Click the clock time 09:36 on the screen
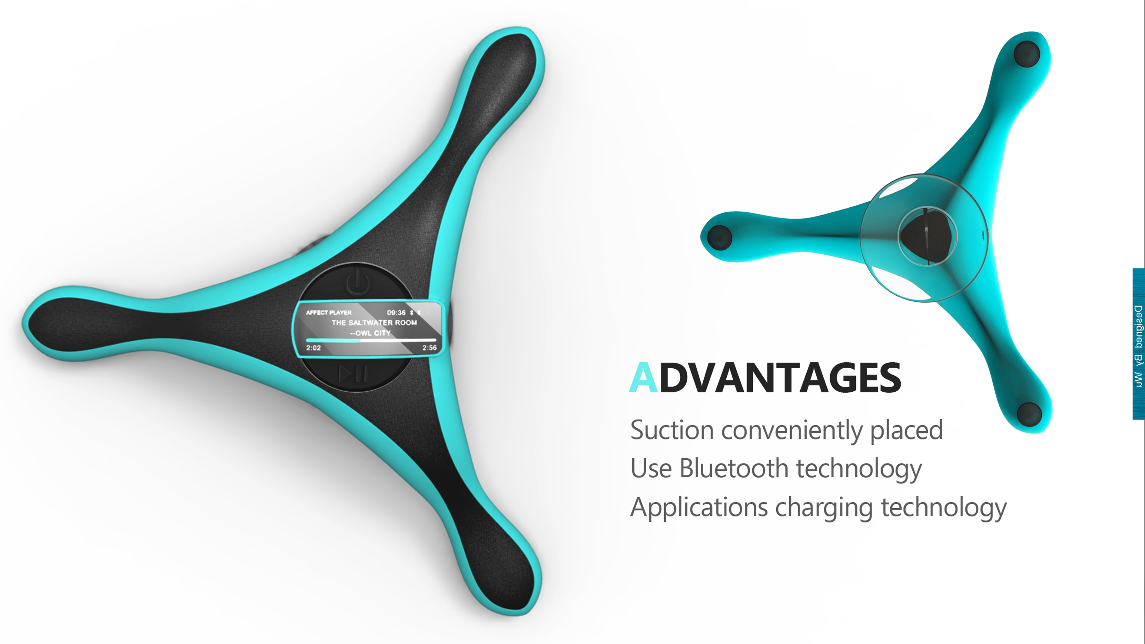click(396, 312)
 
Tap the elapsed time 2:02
click(314, 347)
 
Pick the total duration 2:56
click(430, 347)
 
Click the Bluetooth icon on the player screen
click(412, 312)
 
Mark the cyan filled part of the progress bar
click(334, 340)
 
